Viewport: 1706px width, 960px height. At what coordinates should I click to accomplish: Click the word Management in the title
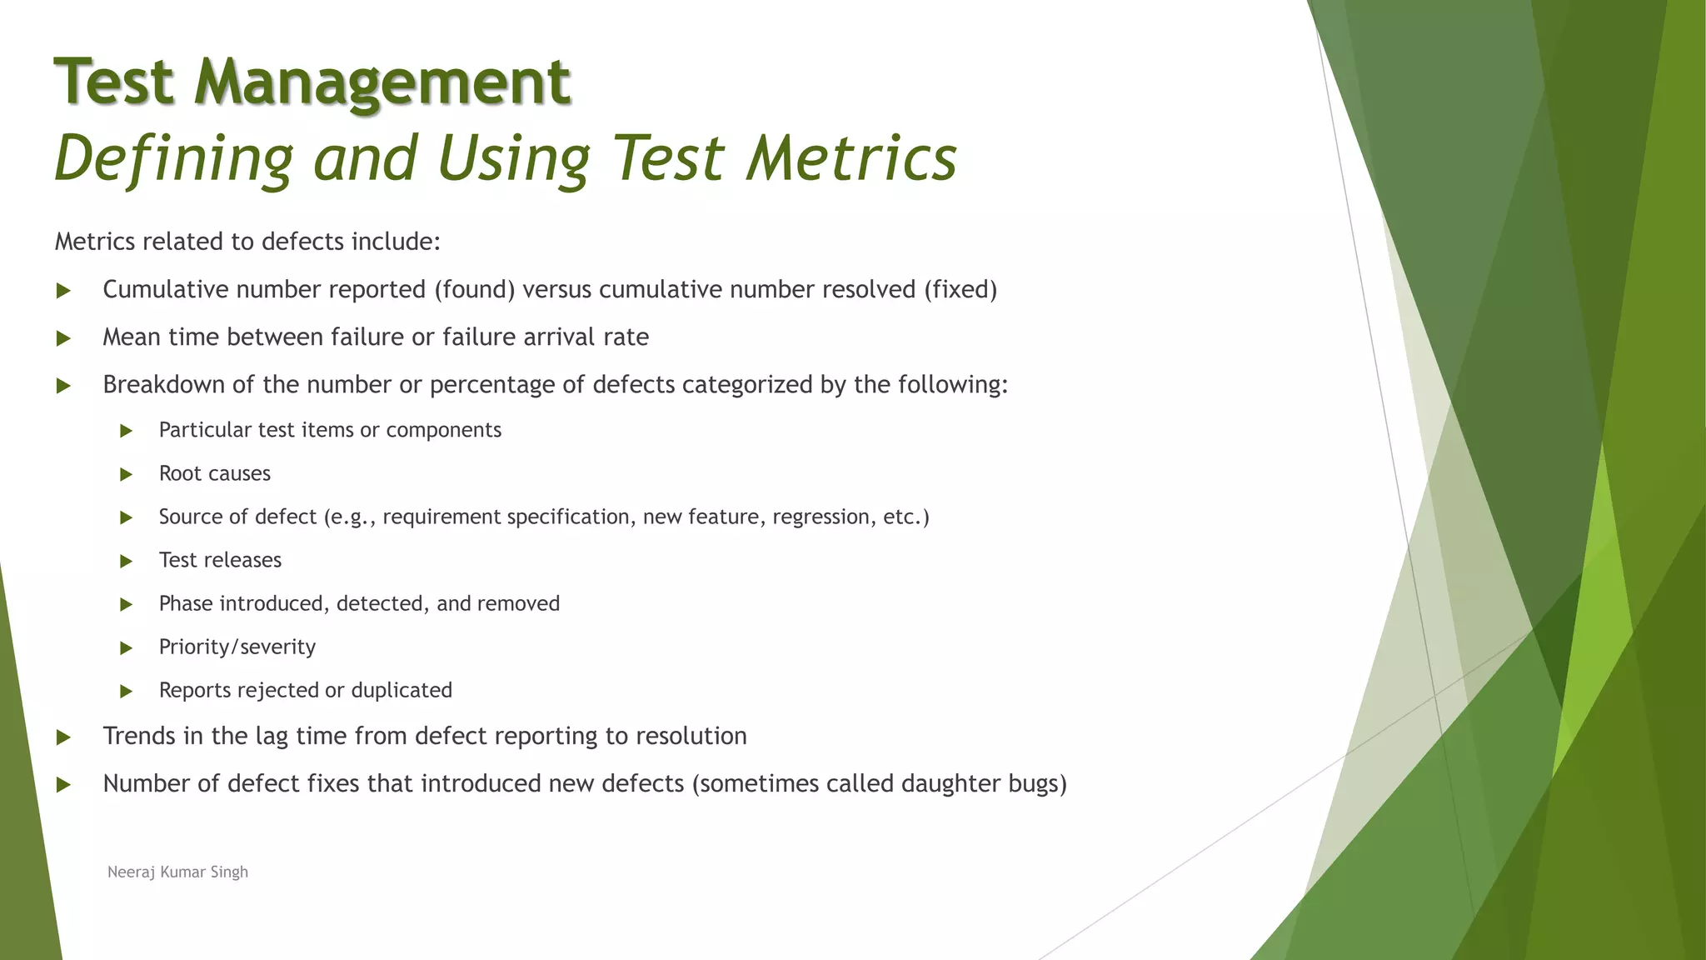382,82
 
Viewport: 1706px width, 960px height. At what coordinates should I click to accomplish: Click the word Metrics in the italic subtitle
851,157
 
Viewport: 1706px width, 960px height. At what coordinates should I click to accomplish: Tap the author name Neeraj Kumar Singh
177,872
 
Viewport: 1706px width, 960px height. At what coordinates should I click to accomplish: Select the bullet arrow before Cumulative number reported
63,291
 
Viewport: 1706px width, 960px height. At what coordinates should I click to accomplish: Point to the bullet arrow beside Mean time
63,338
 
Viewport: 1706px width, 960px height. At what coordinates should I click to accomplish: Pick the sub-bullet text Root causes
215,473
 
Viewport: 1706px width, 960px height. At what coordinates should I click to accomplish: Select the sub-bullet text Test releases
220,560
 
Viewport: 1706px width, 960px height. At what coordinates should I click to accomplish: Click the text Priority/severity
237,647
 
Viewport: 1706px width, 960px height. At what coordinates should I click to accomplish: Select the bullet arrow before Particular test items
127,431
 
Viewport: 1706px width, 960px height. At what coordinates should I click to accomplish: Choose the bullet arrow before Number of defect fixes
63,784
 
